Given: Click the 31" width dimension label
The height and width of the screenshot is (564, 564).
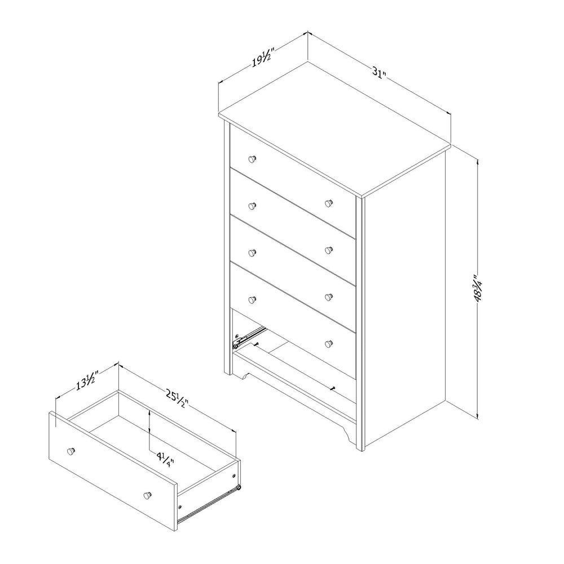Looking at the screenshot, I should coord(379,73).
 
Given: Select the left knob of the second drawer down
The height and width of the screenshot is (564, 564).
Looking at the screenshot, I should coord(252,205).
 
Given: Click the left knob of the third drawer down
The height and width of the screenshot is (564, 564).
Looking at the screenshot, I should coord(252,252).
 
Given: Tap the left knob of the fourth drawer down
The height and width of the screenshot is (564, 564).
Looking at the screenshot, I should coord(252,299).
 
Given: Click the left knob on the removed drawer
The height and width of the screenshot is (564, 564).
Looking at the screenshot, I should coord(70,451).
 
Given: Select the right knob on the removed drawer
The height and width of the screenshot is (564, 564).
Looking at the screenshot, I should coord(147,495).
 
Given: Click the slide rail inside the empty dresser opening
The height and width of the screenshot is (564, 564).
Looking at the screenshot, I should coord(248,334).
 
